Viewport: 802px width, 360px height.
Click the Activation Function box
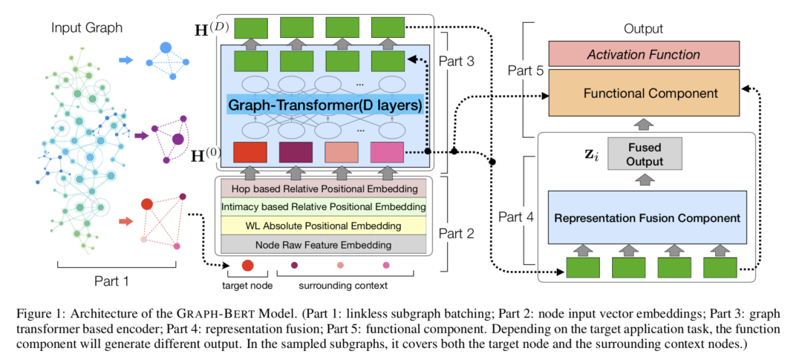tap(643, 54)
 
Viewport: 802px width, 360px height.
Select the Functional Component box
tap(643, 94)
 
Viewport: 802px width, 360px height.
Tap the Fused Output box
tap(643, 153)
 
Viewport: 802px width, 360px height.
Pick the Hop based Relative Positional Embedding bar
tap(322, 189)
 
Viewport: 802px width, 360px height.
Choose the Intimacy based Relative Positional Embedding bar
tap(322, 207)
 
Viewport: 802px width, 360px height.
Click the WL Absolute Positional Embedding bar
tap(322, 225)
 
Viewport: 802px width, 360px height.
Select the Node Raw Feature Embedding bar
tap(322, 243)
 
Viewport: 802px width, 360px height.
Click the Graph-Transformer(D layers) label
tap(325, 106)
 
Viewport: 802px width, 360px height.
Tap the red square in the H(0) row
tap(250, 152)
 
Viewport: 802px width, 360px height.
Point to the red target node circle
tap(248, 266)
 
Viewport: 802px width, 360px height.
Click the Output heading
tap(643, 29)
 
